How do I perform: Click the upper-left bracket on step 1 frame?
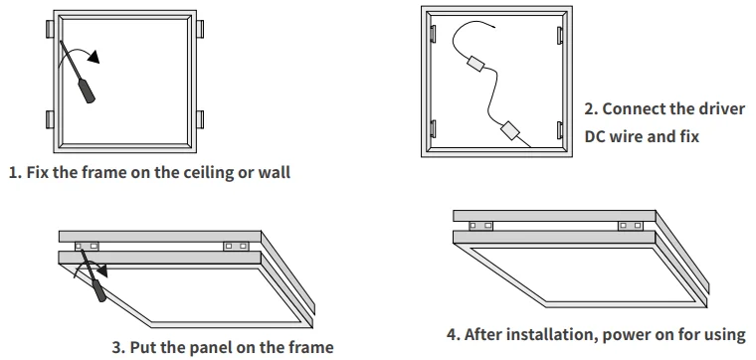coord(49,30)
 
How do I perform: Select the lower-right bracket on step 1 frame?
coord(201,121)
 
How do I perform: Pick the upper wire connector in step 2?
coord(476,66)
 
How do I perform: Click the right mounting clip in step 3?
coord(236,246)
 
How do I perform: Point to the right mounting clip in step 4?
coord(630,226)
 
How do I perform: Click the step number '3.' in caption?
coord(116,347)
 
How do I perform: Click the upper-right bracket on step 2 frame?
coord(561,35)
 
